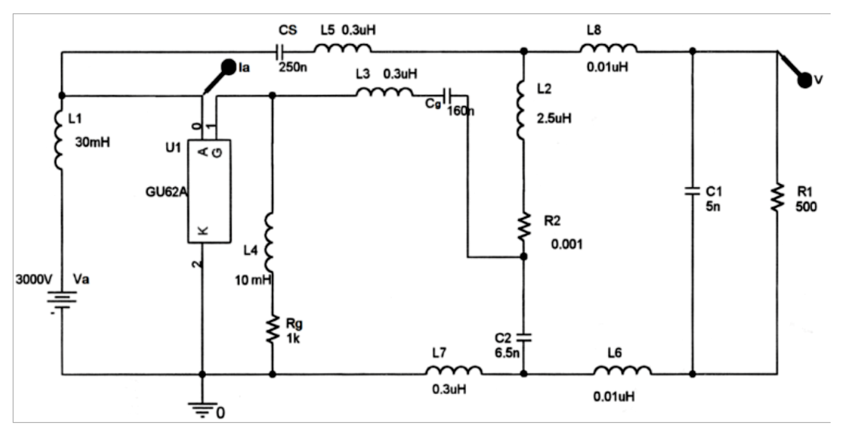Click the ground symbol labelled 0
202,408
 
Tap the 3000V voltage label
34,280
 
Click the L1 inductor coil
59,140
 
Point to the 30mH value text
93,142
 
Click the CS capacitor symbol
280,52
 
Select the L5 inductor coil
342,49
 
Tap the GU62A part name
166,192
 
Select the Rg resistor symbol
272,329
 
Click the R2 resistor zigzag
523,226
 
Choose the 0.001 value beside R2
566,244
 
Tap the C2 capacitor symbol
523,338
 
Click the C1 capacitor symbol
692,192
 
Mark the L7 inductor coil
453,371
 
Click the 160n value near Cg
460,111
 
